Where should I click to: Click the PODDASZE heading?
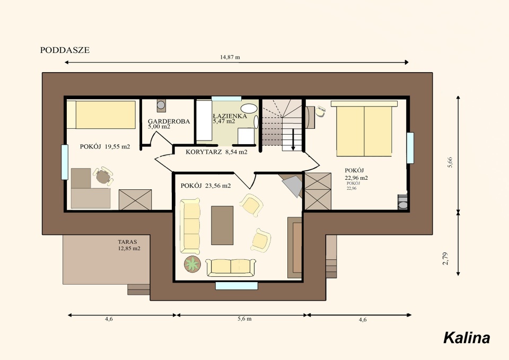point(65,50)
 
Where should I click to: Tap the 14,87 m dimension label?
point(230,57)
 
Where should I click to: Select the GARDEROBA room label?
point(169,121)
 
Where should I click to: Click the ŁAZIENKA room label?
point(230,116)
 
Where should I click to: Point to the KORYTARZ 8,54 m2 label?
point(216,152)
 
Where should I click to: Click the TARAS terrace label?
point(127,242)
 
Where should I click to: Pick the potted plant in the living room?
point(192,264)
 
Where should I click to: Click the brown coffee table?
point(222,225)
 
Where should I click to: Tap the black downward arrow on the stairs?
point(293,139)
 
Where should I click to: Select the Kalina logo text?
point(467,338)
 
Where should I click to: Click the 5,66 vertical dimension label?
point(450,162)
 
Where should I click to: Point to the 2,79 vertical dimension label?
point(445,258)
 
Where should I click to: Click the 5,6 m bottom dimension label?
point(244,319)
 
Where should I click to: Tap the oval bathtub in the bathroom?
point(249,108)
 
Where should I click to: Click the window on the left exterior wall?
point(65,162)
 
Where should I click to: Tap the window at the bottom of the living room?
point(236,286)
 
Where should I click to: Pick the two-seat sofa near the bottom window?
point(231,267)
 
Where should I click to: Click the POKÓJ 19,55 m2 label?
point(105,147)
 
